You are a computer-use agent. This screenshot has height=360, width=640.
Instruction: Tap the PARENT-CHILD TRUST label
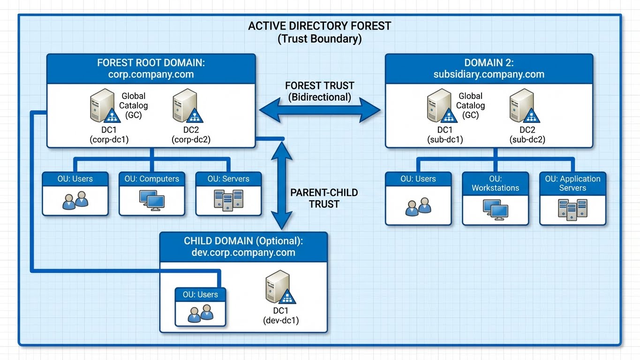tap(324, 198)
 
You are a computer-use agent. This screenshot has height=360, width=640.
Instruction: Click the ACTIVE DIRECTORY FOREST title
tap(319, 26)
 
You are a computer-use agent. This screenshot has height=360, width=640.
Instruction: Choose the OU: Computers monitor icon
tap(152, 200)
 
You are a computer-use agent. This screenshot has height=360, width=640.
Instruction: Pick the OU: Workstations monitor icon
tap(496, 209)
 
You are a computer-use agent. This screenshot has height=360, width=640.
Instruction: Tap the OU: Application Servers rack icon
tap(572, 209)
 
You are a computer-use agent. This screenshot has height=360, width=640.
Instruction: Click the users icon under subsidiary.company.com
tap(418, 207)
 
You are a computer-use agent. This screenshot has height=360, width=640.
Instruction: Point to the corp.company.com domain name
tap(151, 74)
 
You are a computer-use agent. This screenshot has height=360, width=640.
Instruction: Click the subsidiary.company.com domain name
tap(489, 74)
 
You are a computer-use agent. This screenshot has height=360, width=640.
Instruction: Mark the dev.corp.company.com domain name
tap(243, 253)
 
